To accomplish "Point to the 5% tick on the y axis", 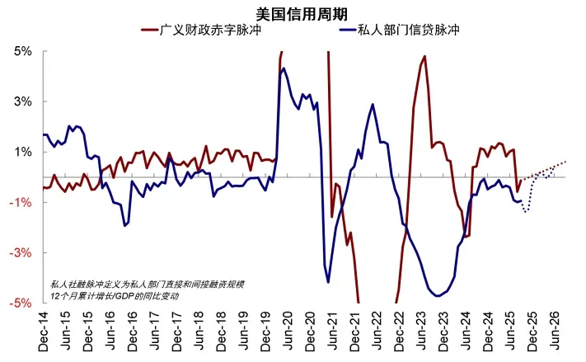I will pyautogui.click(x=22, y=51).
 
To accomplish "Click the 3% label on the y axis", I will pyautogui.click(x=22, y=101).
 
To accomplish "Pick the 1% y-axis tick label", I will pyautogui.click(x=22, y=152).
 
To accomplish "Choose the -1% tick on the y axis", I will pyautogui.click(x=21, y=203).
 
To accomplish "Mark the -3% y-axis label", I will pyautogui.click(x=21, y=253).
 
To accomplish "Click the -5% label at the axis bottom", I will pyautogui.click(x=21, y=303).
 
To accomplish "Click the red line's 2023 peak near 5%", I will pyautogui.click(x=424, y=56).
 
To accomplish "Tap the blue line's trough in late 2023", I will pyautogui.click(x=437, y=295).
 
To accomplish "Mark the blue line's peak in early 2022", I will pyautogui.click(x=373, y=105).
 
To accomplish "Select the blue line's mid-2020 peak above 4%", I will pyautogui.click(x=284, y=68).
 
